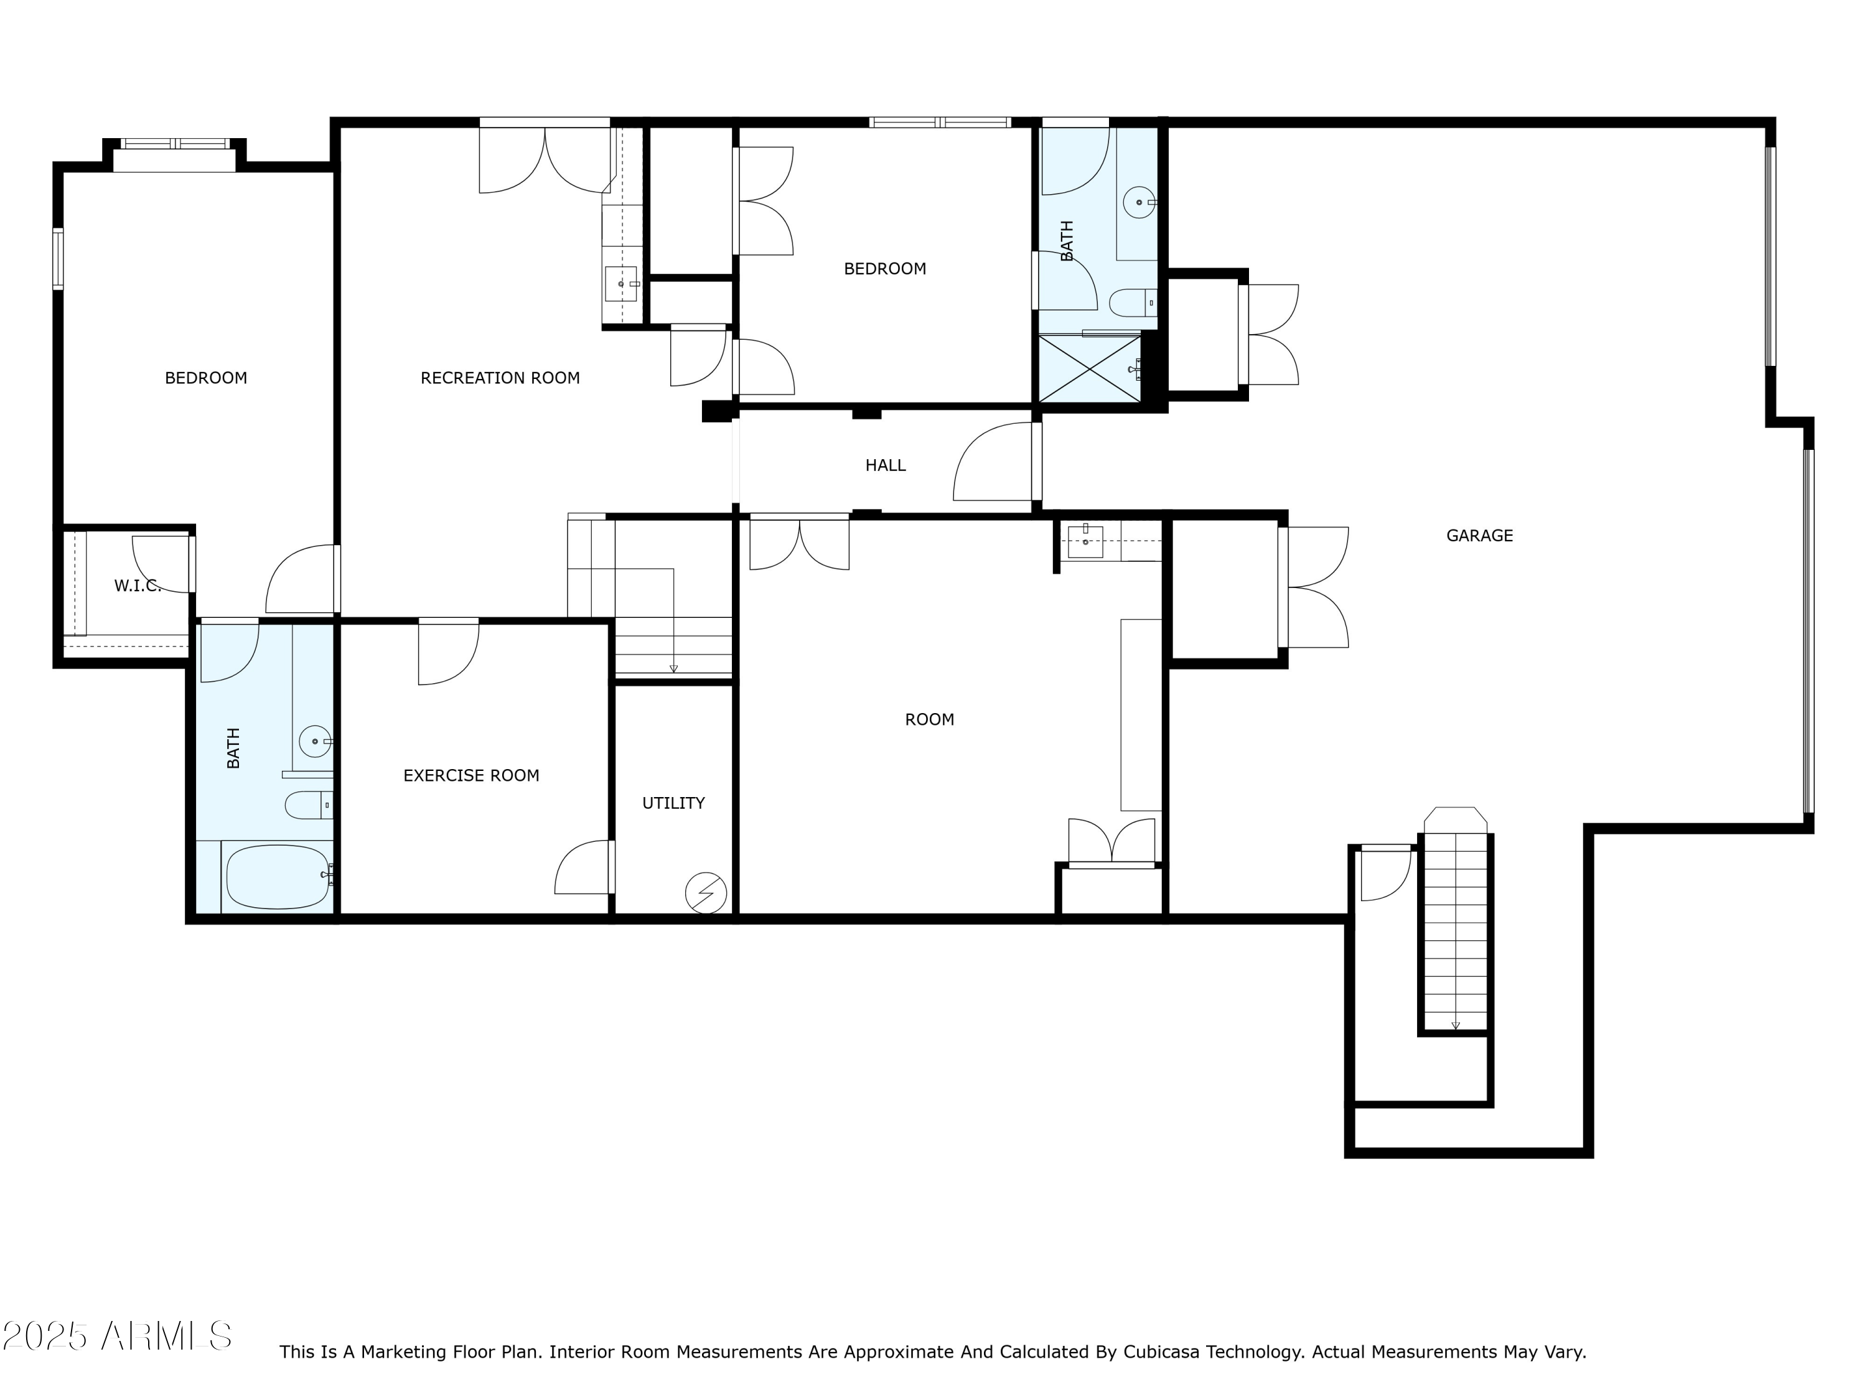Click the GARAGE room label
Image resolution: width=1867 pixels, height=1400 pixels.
[1479, 535]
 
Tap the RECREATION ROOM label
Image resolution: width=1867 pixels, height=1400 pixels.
[500, 378]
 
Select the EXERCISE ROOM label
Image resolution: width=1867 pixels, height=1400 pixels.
[471, 775]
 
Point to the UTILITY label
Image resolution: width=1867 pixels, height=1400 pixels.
[673, 803]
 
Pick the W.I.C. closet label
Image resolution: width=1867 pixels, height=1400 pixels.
[137, 586]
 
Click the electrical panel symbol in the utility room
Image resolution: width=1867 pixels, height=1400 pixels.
[706, 893]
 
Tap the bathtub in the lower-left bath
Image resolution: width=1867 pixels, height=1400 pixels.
[278, 877]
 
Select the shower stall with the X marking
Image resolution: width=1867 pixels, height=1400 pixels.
[1090, 369]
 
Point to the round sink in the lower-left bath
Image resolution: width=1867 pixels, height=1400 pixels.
[316, 742]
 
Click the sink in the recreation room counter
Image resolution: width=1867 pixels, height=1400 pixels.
[621, 284]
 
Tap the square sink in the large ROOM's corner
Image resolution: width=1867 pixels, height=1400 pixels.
[1085, 541]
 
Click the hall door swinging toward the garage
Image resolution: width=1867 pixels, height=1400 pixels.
[993, 462]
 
